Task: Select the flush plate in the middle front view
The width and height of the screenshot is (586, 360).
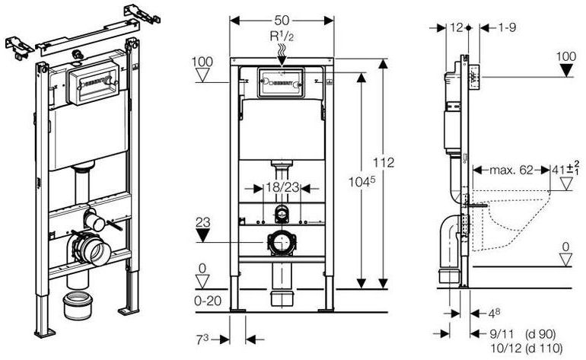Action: point(282,81)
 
